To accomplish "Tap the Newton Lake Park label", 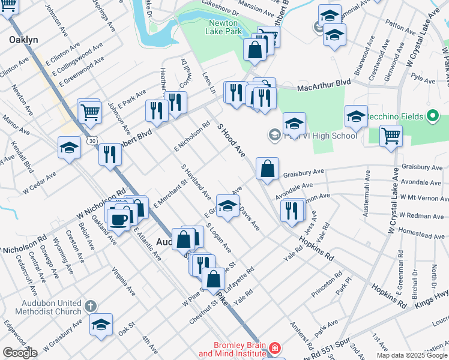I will (x=224, y=27).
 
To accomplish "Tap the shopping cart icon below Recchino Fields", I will (x=391, y=134).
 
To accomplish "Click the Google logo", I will (x=20, y=353).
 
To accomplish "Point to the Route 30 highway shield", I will (x=91, y=140).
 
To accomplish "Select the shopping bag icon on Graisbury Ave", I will (x=267, y=169).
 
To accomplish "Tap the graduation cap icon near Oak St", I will (x=101, y=324).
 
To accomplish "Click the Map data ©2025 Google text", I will (x=412, y=355).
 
